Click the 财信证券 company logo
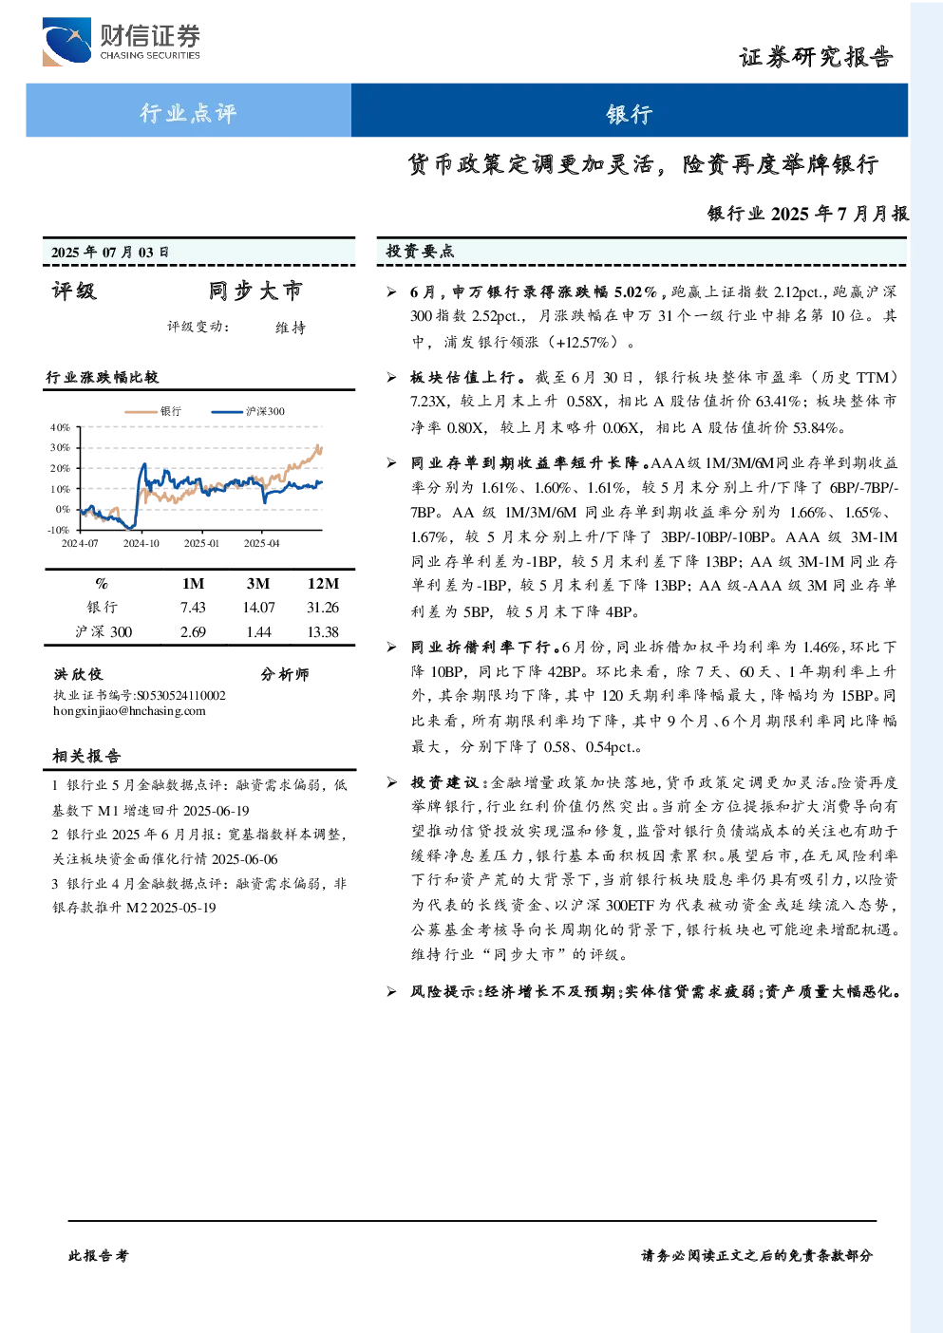point(122,41)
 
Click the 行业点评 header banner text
point(188,112)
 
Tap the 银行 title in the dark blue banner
point(630,113)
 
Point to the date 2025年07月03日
point(109,252)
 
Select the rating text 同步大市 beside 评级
point(255,291)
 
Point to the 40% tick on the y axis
point(60,427)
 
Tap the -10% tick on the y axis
point(58,530)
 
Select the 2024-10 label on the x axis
point(141,543)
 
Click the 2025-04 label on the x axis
point(261,543)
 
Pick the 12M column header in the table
point(323,583)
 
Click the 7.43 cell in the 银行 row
point(193,607)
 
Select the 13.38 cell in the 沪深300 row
point(323,632)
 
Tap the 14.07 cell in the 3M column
point(258,607)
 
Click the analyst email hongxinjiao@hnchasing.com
point(129,710)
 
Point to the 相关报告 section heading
point(87,756)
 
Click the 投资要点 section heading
point(421,252)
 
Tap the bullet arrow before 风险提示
point(391,991)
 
